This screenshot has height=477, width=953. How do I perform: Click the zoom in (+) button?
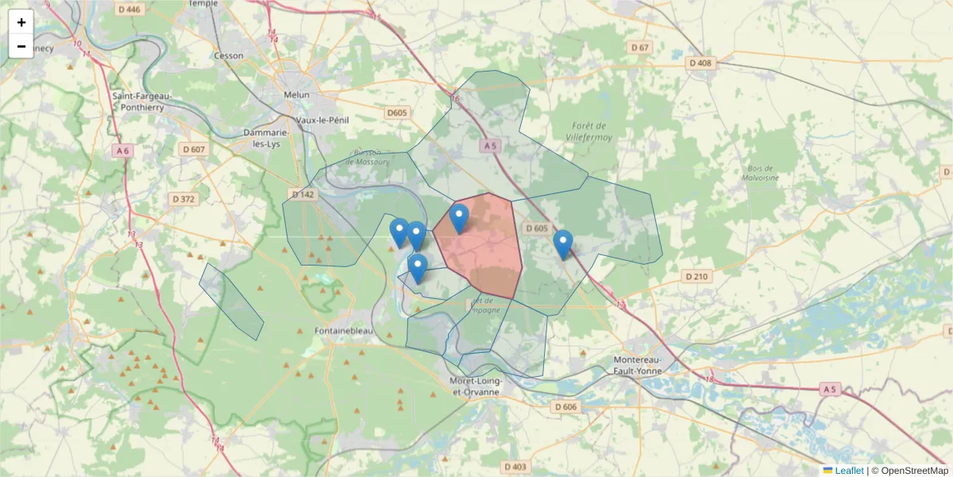21,22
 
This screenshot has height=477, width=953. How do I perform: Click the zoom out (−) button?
21,46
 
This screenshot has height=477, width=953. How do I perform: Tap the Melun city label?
296,95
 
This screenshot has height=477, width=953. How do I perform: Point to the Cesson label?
230,56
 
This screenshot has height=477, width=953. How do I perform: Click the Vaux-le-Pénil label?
322,119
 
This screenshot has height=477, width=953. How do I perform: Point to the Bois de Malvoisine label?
763,173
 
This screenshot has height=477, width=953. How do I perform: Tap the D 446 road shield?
128,10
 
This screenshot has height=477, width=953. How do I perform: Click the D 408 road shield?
701,63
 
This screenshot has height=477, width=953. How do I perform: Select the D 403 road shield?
515,467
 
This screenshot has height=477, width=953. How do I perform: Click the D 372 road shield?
182,199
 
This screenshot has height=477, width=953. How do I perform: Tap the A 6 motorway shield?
122,150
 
